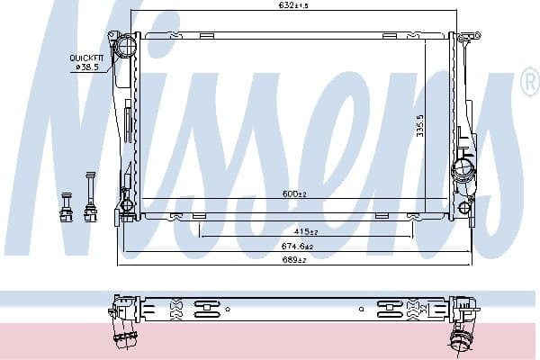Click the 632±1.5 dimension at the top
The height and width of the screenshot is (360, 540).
293,5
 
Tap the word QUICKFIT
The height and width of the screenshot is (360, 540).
86,58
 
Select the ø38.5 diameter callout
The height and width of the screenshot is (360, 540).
87,67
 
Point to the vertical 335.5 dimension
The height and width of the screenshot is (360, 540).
420,126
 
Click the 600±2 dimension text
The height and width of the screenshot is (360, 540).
294,194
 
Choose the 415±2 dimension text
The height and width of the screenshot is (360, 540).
306,232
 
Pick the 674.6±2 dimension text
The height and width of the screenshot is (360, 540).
297,247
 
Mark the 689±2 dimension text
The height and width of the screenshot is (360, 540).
294,260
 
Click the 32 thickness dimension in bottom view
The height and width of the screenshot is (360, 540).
424,309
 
